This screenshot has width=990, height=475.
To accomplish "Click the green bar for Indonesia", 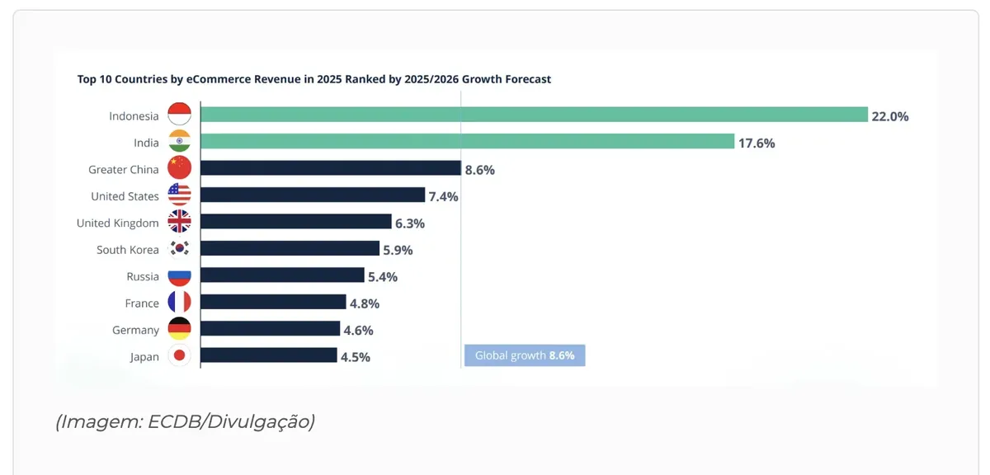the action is (535, 115).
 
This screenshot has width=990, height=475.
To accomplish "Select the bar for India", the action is (468, 141).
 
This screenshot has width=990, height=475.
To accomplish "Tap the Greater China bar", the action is (331, 168).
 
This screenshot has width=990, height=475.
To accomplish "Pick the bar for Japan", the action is (269, 355).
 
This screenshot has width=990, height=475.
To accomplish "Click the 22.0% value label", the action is (889, 116).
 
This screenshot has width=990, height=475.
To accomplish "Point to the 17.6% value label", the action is (757, 143).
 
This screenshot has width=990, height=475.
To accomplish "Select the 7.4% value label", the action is (443, 196).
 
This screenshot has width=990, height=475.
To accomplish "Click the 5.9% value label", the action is (398, 250).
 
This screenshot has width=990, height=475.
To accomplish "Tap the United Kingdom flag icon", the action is (180, 221).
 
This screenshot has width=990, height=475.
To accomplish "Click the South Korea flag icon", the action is (180, 248).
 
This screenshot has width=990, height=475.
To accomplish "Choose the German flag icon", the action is (180, 329).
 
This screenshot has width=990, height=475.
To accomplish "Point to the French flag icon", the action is (180, 302).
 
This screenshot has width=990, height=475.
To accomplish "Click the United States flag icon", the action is (180, 195).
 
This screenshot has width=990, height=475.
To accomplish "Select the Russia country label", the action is (142, 276).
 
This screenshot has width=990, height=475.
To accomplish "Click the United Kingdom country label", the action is (117, 223).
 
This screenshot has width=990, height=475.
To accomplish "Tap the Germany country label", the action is (135, 330).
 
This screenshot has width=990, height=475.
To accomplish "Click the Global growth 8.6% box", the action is (525, 355).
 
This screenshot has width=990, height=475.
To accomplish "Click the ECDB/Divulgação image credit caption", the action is (185, 421).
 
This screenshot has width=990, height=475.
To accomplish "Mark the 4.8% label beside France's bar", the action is (365, 303).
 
